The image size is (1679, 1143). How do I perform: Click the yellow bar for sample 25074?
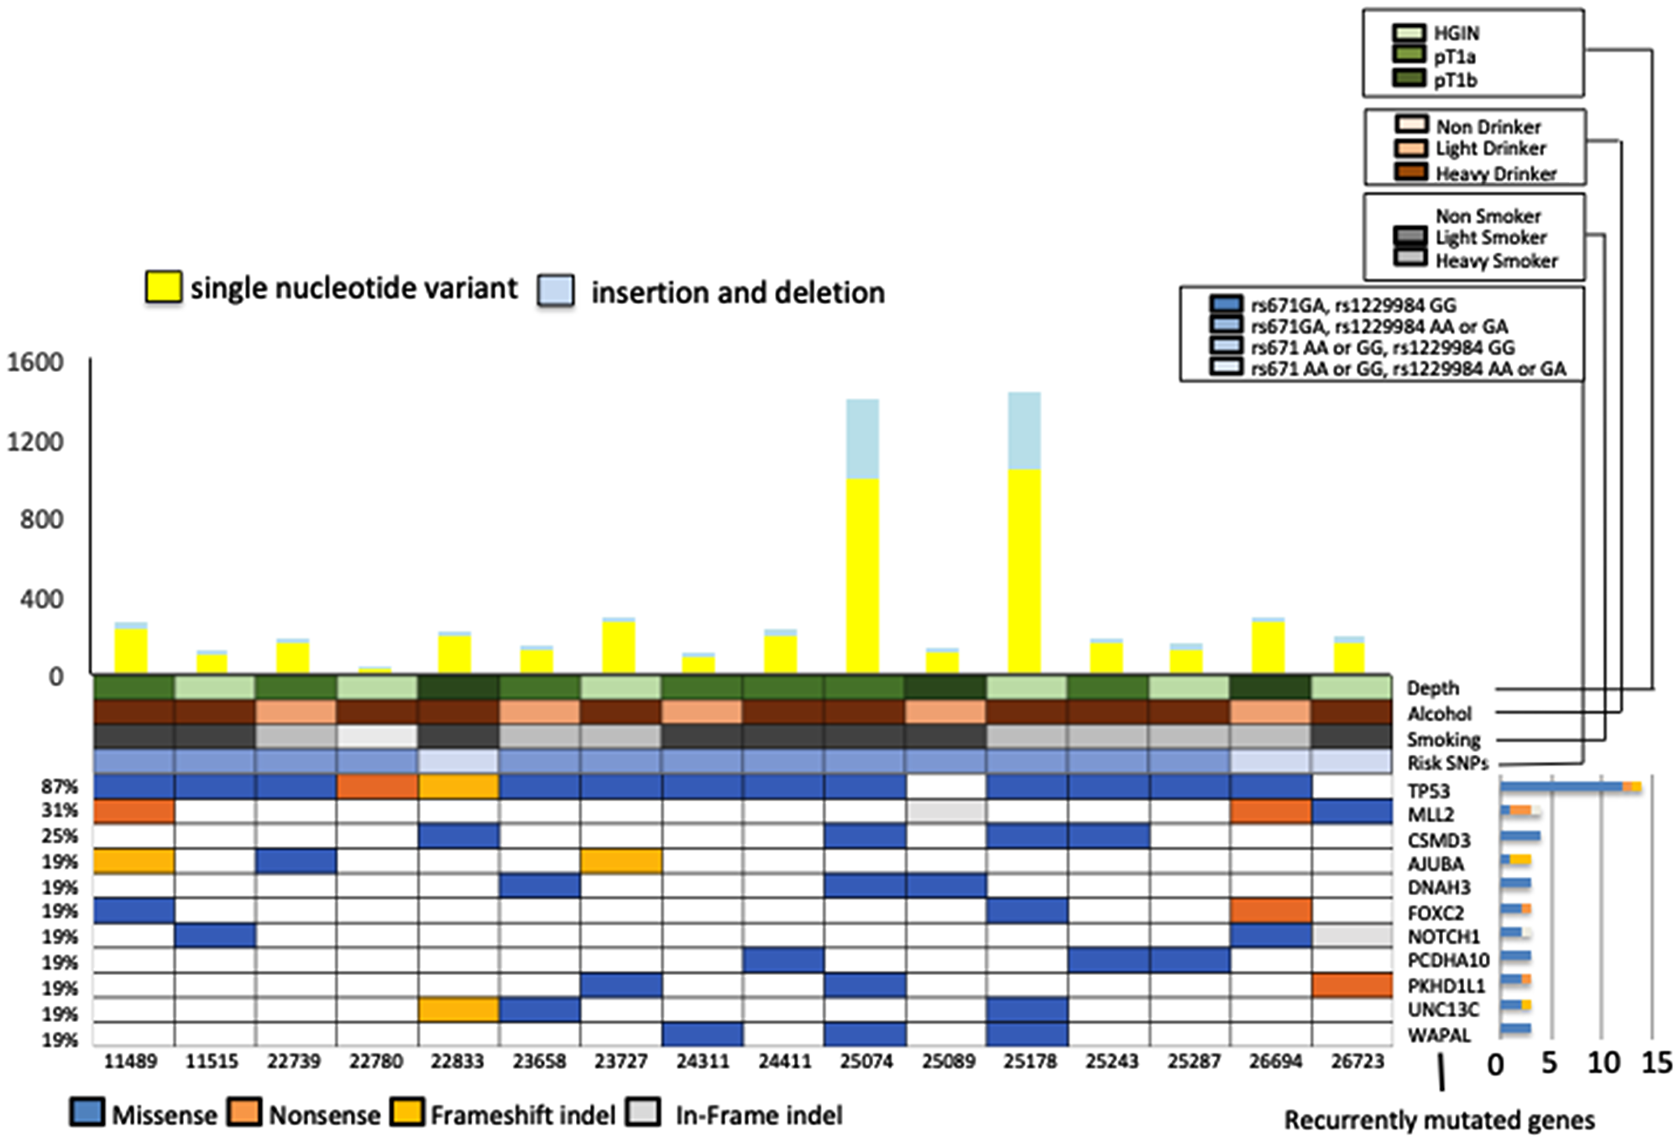pyautogui.click(x=862, y=575)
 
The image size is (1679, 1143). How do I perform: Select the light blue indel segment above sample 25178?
pyautogui.click(x=1024, y=431)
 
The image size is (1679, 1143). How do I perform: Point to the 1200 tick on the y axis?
pyautogui.click(x=35, y=442)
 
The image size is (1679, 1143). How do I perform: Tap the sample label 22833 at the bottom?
pyautogui.click(x=458, y=1062)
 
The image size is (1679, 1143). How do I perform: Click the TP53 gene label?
pyautogui.click(x=1429, y=791)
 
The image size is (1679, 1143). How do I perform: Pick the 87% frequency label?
pyautogui.click(x=60, y=787)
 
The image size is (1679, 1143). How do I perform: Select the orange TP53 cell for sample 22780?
pyautogui.click(x=376, y=787)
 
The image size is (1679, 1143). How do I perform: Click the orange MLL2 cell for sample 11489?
pyautogui.click(x=133, y=811)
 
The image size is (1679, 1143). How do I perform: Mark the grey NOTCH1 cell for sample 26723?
pyautogui.click(x=1352, y=936)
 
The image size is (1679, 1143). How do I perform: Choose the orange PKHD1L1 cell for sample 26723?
pyautogui.click(x=1352, y=985)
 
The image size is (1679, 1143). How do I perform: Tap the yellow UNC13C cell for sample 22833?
pyautogui.click(x=458, y=1009)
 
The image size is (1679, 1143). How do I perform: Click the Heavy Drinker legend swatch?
pyautogui.click(x=1410, y=172)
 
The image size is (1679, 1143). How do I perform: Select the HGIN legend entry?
pyautogui.click(x=1456, y=34)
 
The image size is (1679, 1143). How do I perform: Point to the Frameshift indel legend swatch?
pyautogui.click(x=409, y=1113)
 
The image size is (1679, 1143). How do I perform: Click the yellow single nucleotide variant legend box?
pyautogui.click(x=164, y=286)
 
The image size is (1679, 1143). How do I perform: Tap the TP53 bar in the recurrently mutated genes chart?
pyautogui.click(x=1561, y=787)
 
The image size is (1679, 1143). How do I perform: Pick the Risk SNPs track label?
pyautogui.click(x=1447, y=763)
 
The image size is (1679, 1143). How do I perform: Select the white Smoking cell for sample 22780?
pyautogui.click(x=376, y=737)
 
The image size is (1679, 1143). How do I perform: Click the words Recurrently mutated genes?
pyautogui.click(x=1439, y=1120)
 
